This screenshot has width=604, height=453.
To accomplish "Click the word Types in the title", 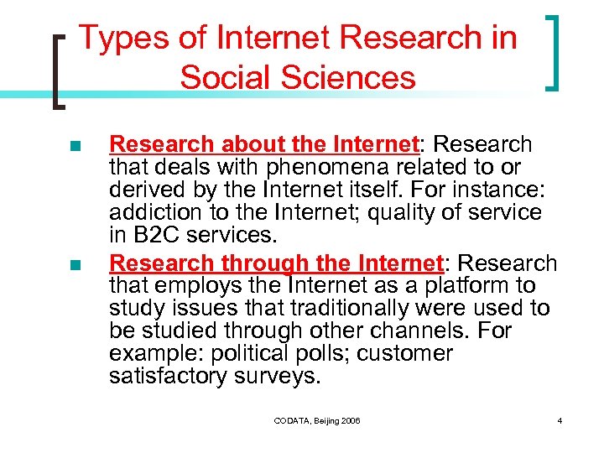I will click(x=115, y=39).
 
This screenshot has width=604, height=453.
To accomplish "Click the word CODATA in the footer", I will click(x=293, y=419).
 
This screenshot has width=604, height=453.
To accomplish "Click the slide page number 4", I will click(x=559, y=419).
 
